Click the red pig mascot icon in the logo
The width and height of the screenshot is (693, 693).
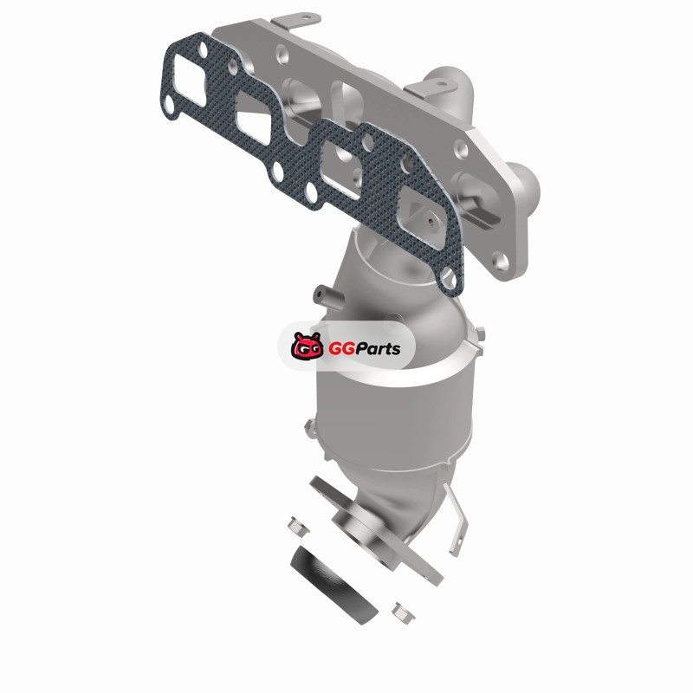pyautogui.click(x=307, y=346)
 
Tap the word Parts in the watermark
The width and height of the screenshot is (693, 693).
pyautogui.click(x=378, y=349)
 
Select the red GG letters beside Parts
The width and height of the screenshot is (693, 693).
pyautogui.click(x=341, y=349)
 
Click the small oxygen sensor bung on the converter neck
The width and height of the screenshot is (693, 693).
pyautogui.click(x=327, y=296)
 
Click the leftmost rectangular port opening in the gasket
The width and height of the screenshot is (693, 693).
pyautogui.click(x=190, y=87)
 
